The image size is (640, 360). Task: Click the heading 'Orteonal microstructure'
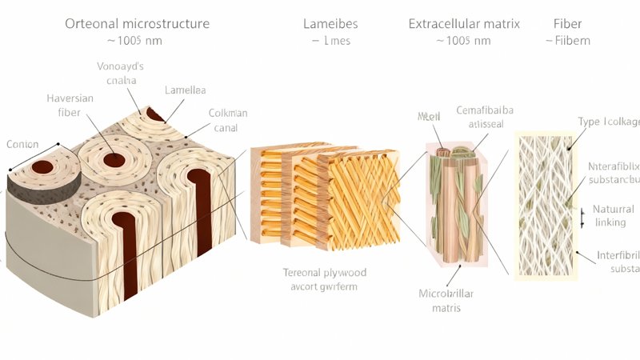click(x=137, y=23)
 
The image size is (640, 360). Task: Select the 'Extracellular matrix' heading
click(x=464, y=23)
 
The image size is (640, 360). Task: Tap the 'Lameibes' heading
click(x=329, y=23)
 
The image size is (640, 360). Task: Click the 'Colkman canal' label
click(x=228, y=120)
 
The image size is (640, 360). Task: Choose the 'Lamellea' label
click(x=185, y=90)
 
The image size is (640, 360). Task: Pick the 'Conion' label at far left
click(x=22, y=144)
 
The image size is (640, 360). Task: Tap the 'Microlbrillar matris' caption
click(x=441, y=299)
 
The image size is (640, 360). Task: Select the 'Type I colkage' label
click(x=608, y=122)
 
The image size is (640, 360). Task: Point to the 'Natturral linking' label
click(x=614, y=216)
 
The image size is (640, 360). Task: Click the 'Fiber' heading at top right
click(x=568, y=23)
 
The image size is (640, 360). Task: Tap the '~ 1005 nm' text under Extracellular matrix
click(x=463, y=40)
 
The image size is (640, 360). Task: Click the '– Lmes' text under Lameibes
click(x=329, y=40)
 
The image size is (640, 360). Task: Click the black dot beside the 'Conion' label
click(x=58, y=145)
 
